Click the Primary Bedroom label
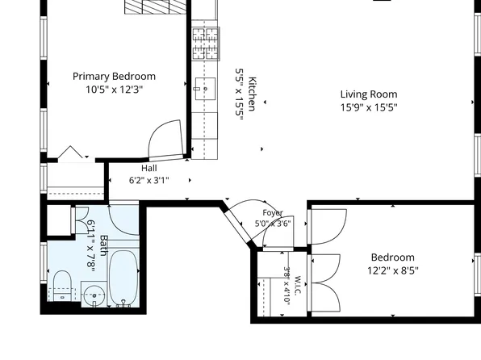pyautogui.click(x=114, y=77)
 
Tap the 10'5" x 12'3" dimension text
pyautogui.click(x=114, y=90)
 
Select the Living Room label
pyautogui.click(x=369, y=94)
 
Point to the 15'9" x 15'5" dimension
pyautogui.click(x=369, y=107)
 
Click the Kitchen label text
pyautogui.click(x=252, y=94)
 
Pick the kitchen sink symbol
pyautogui.click(x=205, y=89)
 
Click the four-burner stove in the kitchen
pyautogui.click(x=206, y=44)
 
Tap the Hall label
pyautogui.click(x=149, y=168)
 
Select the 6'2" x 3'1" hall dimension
pyautogui.click(x=149, y=180)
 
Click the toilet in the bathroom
pyautogui.click(x=62, y=287)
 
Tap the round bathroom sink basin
pyautogui.click(x=94, y=296)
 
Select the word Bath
pyautogui.click(x=103, y=245)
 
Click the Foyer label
pyautogui.click(x=273, y=212)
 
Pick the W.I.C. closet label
pyautogui.click(x=297, y=286)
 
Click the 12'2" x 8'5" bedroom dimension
pyautogui.click(x=393, y=270)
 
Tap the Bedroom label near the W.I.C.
pyautogui.click(x=393, y=257)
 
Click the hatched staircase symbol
pyautogui.click(x=156, y=6)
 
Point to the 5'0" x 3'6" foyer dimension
pyautogui.click(x=273, y=224)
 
